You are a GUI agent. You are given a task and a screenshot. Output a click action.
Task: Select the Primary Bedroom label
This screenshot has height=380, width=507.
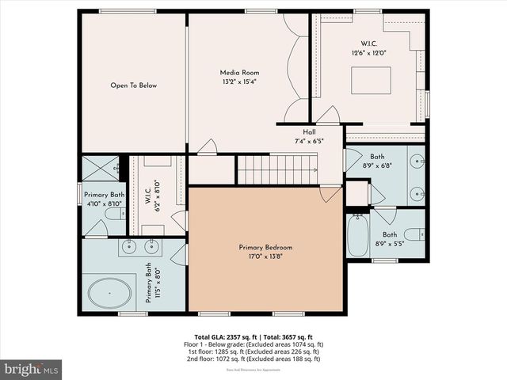[265, 247]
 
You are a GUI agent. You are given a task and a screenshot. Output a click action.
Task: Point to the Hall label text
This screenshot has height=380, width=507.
[310, 132]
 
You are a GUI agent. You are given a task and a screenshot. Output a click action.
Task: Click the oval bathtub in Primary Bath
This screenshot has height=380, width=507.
[110, 293]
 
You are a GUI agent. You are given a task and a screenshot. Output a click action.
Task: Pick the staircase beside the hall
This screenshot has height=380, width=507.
[277, 169]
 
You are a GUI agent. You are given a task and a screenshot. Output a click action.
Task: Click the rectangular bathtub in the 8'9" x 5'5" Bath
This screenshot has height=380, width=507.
[357, 235]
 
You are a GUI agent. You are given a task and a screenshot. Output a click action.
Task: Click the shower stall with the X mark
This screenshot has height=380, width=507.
[101, 169]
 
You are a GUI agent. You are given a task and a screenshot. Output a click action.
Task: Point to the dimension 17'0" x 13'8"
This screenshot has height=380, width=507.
[265, 256]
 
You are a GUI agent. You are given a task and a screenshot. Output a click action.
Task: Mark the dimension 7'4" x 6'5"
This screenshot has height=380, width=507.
[310, 141]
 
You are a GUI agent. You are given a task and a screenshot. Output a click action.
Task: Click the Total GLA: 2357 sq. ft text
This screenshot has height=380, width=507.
[223, 336]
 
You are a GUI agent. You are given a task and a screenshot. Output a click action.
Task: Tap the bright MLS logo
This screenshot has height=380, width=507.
[31, 369]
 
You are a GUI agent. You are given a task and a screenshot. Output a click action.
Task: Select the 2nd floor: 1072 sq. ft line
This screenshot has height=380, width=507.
[253, 359]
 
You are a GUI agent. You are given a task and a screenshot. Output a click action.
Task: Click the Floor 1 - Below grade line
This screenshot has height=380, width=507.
[253, 344]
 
